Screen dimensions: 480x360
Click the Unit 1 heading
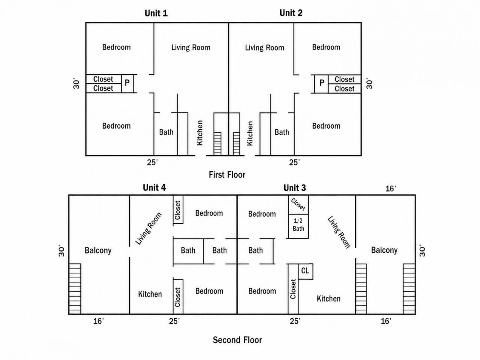(x=156, y=13)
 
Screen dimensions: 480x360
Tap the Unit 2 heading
(x=291, y=13)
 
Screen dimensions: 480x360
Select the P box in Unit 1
(x=127, y=84)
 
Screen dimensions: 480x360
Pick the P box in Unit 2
(x=321, y=84)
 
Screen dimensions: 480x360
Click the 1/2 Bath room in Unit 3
(x=298, y=226)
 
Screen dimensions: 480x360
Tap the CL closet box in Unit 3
(x=306, y=271)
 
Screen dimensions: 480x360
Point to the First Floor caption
(x=227, y=175)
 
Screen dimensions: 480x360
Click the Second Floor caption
(x=237, y=340)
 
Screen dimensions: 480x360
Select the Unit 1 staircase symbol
(x=217, y=144)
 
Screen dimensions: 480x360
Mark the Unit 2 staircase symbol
(x=236, y=144)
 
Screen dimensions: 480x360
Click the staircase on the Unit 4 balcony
(x=75, y=289)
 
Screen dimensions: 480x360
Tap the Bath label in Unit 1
(x=166, y=132)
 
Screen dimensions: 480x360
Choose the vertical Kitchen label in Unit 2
(x=250, y=133)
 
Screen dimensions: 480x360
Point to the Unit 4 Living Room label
(x=148, y=228)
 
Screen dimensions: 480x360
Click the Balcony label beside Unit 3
(x=384, y=250)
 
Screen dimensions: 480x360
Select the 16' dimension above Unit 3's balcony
(x=390, y=188)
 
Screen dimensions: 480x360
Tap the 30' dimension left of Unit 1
(x=76, y=84)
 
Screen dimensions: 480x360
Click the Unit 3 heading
(x=294, y=188)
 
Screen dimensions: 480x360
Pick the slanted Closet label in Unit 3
(x=298, y=204)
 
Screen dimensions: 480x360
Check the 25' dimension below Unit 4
(x=174, y=321)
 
